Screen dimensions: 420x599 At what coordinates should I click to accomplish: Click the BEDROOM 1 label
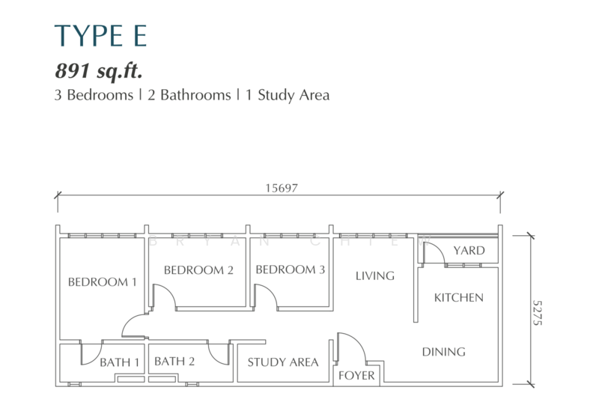coord(103,282)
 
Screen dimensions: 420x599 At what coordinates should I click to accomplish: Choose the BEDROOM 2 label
coord(198,270)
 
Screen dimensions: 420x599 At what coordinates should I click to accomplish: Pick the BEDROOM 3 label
coord(291,270)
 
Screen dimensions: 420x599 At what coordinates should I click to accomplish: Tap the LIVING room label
coord(374,276)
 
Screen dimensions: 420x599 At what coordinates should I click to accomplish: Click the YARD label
coord(469,251)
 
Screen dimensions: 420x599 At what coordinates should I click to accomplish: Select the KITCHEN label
coord(459,297)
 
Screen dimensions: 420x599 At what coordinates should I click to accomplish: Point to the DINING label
coord(443,351)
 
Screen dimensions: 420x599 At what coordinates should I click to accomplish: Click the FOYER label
coord(356,375)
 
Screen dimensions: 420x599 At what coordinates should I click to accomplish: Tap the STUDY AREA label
coord(283,362)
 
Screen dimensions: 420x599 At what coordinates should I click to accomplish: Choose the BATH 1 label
coord(120,362)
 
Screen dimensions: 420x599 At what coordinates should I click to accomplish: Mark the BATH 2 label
coord(174,362)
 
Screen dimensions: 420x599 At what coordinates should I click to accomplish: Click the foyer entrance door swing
coord(349,346)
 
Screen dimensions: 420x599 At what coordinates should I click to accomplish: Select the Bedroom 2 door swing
coord(165,296)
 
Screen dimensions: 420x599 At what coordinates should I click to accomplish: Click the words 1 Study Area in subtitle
coord(288,96)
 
